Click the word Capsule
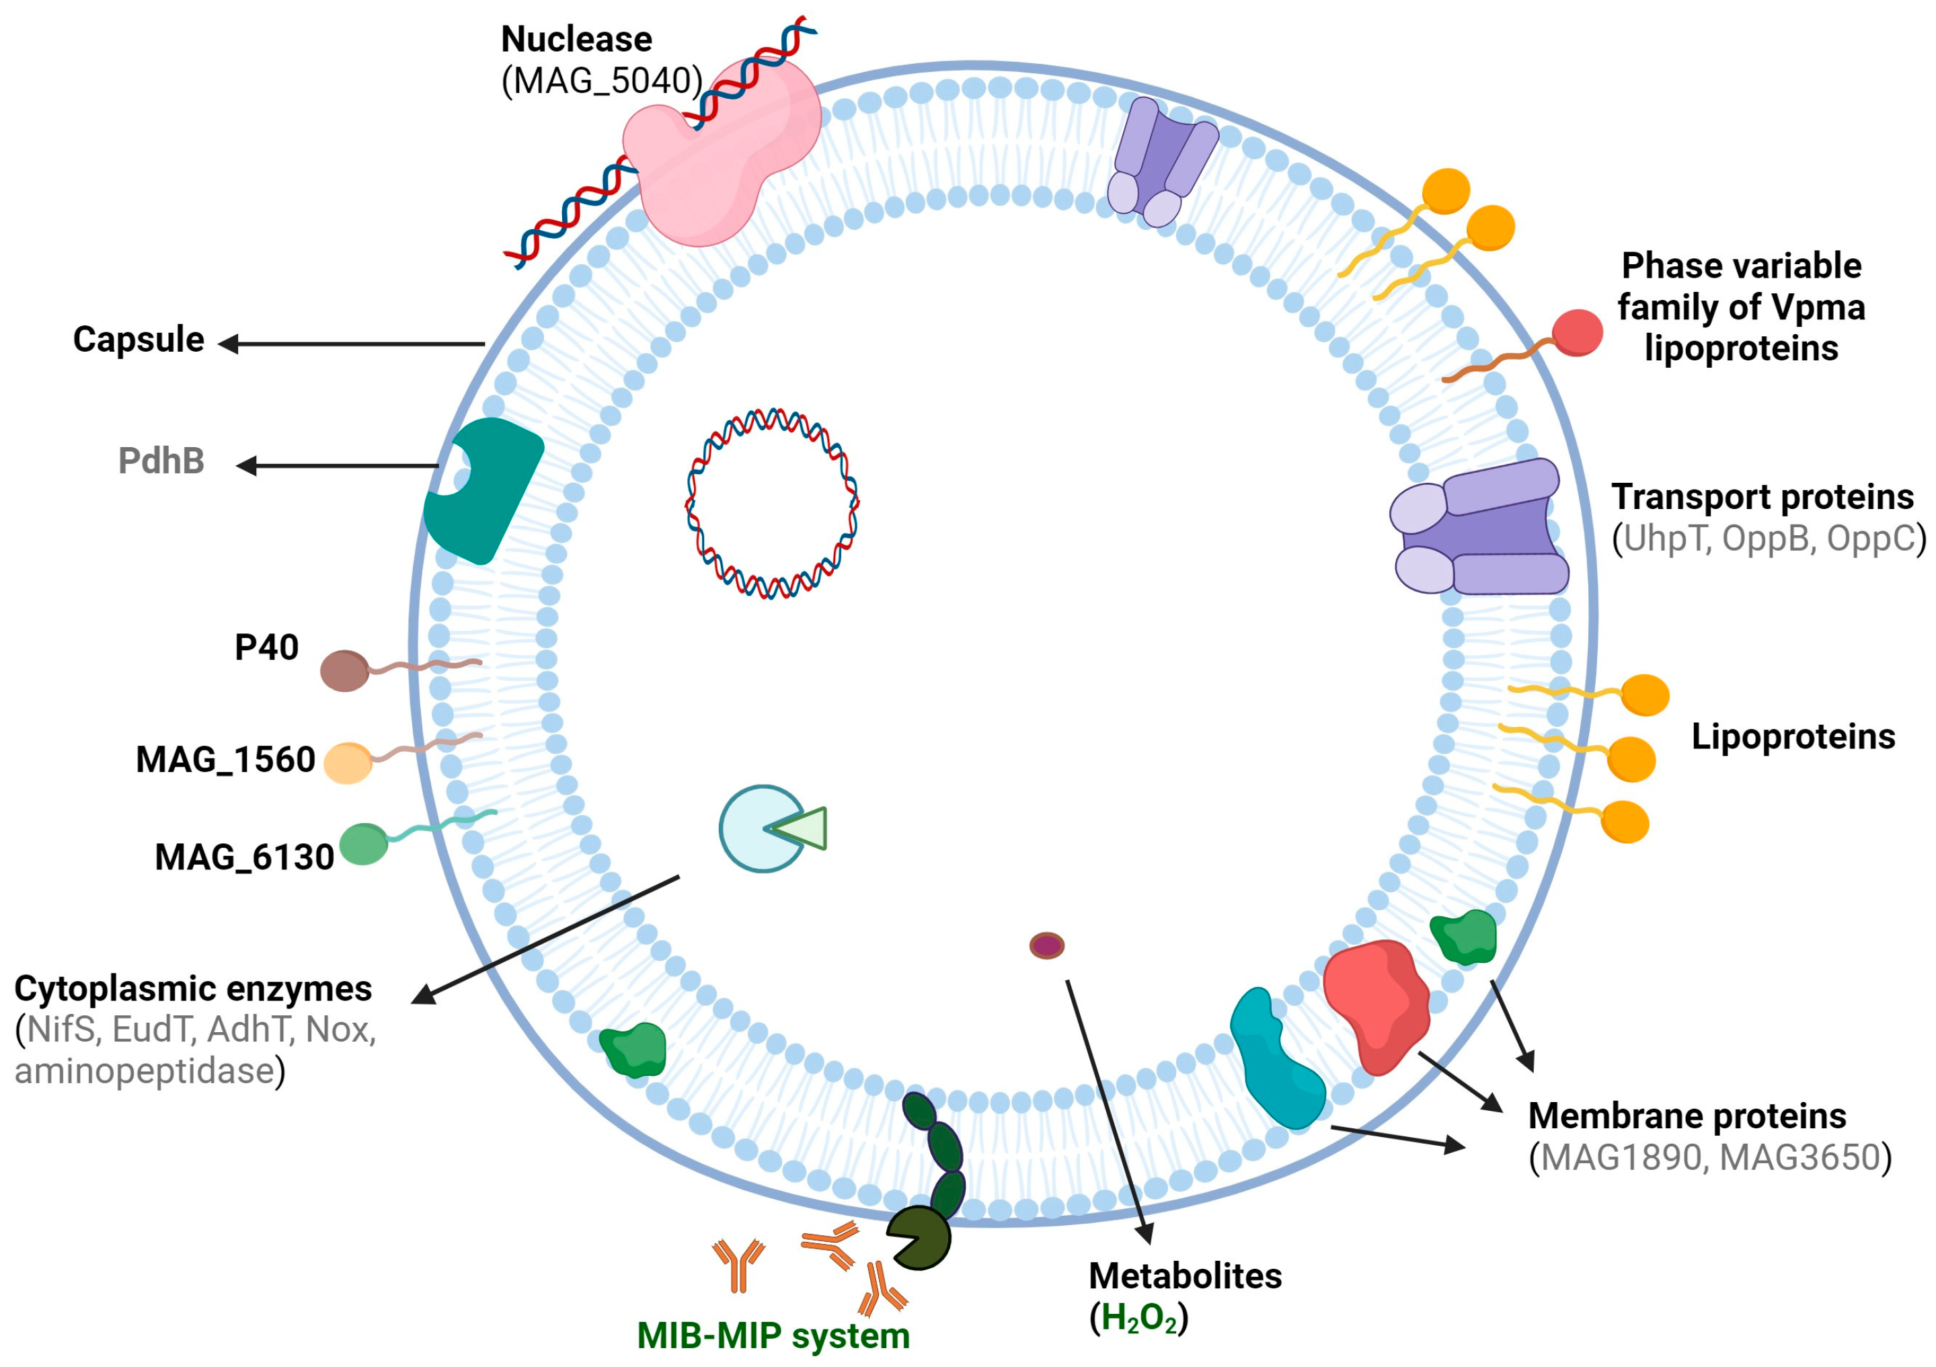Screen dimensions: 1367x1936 point(139,340)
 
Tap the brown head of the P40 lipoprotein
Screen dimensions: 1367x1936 point(344,671)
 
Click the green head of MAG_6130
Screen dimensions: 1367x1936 point(363,844)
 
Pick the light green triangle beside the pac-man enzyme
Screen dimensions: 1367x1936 point(801,828)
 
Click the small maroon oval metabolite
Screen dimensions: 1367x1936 point(1046,945)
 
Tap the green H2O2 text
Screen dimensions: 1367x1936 point(1138,1318)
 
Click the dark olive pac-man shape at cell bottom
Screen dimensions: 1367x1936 point(919,1238)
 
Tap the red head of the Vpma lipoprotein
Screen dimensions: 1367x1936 point(1578,332)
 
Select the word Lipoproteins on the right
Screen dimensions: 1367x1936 point(1793,736)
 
